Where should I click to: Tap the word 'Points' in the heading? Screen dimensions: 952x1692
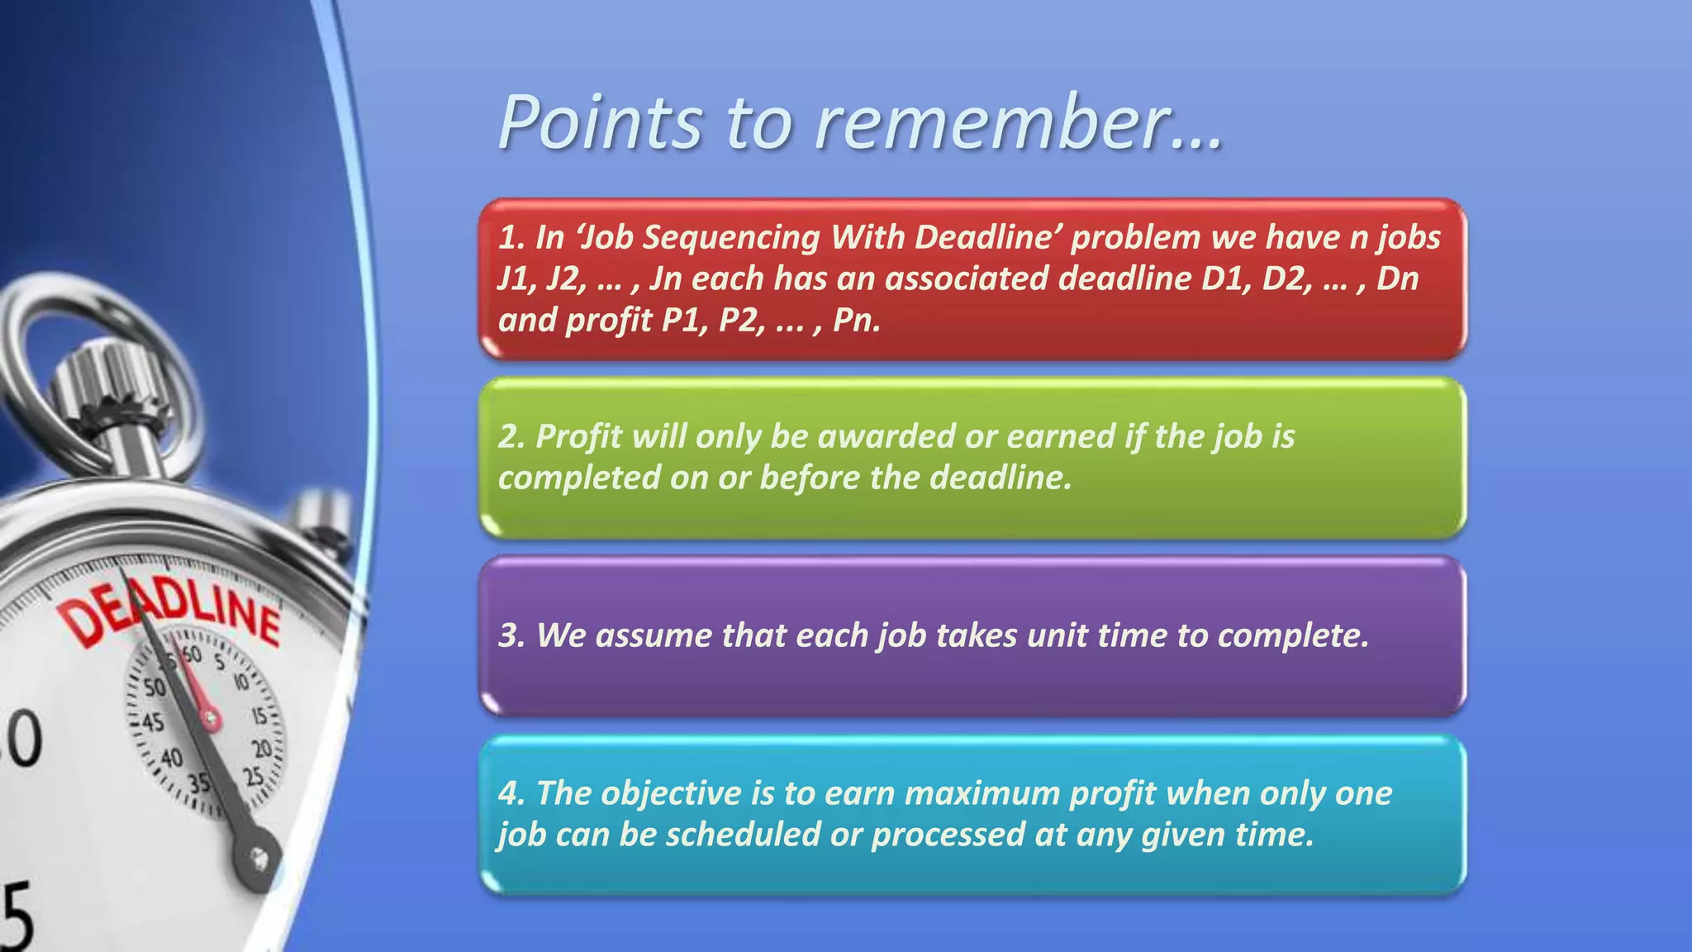[x=600, y=124]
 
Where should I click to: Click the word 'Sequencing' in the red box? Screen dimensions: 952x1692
[x=731, y=237]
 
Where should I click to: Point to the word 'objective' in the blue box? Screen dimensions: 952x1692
[x=671, y=793]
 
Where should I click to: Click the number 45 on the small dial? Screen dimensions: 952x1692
[x=152, y=722]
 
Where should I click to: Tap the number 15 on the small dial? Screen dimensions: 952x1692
[x=259, y=716]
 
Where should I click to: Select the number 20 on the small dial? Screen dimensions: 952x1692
[x=262, y=749]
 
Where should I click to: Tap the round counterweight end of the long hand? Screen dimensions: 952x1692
[x=259, y=859]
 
